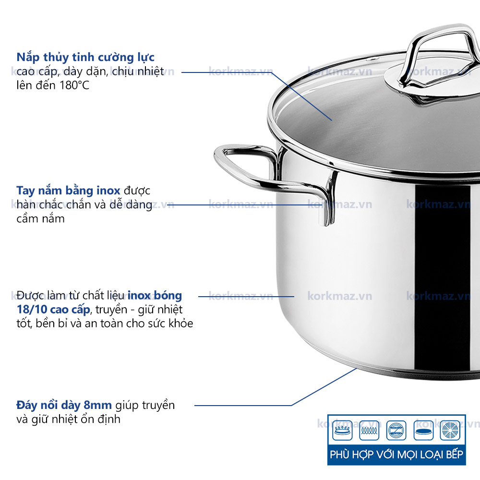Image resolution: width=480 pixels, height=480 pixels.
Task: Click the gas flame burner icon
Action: (342, 431)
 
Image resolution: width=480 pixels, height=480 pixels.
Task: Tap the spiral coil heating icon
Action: (369, 431)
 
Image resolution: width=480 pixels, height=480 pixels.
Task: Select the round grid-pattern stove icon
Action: (450, 431)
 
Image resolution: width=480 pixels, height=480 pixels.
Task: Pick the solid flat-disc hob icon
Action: (423, 431)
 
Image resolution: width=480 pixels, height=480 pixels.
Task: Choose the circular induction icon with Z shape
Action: (396, 431)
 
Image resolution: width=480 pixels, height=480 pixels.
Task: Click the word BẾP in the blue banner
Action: (454, 454)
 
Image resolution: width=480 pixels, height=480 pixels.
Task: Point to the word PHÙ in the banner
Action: (340, 454)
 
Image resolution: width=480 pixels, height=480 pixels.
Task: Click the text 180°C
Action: (74, 85)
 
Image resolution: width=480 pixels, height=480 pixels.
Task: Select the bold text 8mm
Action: (97, 405)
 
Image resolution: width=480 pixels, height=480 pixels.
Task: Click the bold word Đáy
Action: (26, 405)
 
